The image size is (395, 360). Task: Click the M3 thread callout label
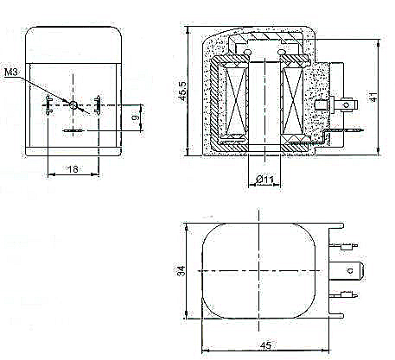click(x=11, y=72)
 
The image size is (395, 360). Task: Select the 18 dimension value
click(x=73, y=169)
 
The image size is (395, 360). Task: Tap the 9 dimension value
click(x=136, y=117)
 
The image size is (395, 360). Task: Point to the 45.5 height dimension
click(x=182, y=92)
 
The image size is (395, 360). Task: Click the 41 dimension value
click(x=373, y=97)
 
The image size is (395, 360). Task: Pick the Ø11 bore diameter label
click(x=264, y=180)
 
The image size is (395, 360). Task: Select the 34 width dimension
click(x=181, y=271)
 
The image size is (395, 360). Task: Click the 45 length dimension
click(x=265, y=345)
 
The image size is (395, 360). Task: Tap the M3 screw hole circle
click(x=73, y=105)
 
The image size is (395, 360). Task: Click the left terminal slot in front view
click(x=48, y=105)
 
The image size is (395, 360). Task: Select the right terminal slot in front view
click(x=98, y=105)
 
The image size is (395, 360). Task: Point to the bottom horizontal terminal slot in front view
click(x=73, y=131)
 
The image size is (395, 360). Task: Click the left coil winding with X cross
click(x=236, y=101)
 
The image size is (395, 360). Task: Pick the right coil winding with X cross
click(x=293, y=101)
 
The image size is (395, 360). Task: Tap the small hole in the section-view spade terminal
click(x=347, y=105)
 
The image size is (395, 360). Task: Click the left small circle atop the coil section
click(x=247, y=52)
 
